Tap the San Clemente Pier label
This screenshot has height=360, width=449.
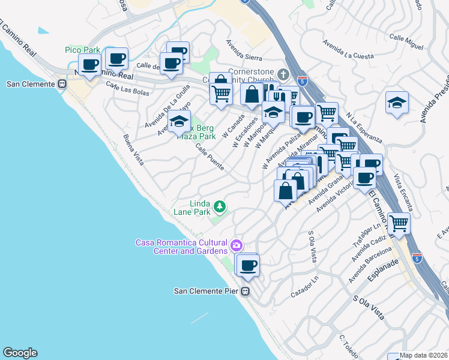click(x=207, y=292)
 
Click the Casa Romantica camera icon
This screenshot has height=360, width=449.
click(x=237, y=245)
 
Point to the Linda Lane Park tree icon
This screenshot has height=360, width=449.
click(x=220, y=207)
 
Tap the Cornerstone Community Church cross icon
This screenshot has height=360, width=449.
click(x=284, y=74)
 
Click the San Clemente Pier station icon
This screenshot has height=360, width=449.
click(x=245, y=292)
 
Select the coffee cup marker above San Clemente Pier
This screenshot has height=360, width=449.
click(x=247, y=265)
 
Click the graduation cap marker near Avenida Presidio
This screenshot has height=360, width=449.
click(x=397, y=103)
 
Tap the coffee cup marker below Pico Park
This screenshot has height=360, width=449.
click(x=90, y=65)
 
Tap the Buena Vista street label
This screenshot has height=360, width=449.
click(x=134, y=149)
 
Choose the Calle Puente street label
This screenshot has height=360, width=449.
click(x=209, y=158)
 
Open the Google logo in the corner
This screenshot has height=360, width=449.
click(x=20, y=353)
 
